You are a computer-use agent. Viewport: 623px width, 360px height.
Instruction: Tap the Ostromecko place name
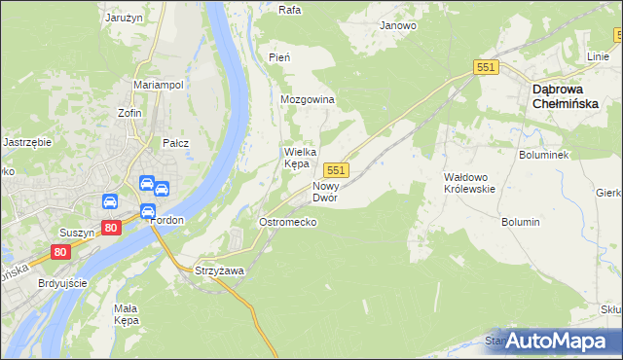click(x=287, y=222)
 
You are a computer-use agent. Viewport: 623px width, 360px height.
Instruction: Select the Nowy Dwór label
click(x=324, y=191)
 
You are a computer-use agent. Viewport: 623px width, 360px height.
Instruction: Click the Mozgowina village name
click(x=307, y=100)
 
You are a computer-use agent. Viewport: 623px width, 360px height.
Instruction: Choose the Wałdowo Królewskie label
click(x=469, y=183)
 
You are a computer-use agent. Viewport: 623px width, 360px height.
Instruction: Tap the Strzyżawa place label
click(x=219, y=270)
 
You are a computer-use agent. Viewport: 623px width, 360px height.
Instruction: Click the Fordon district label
click(x=167, y=220)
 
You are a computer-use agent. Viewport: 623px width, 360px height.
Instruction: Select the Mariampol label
click(x=159, y=86)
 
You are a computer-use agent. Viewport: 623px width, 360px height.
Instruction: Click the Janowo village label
click(x=398, y=25)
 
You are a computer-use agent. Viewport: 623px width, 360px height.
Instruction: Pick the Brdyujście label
click(x=62, y=282)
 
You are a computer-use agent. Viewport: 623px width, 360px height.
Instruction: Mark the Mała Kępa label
click(x=127, y=313)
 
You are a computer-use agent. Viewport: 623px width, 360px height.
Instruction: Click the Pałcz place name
click(x=175, y=143)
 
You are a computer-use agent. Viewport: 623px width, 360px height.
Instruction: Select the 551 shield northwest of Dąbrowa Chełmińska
click(x=487, y=66)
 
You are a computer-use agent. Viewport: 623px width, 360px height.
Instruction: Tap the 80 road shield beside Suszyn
click(x=112, y=228)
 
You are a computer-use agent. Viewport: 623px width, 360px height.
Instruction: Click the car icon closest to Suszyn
click(x=110, y=202)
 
